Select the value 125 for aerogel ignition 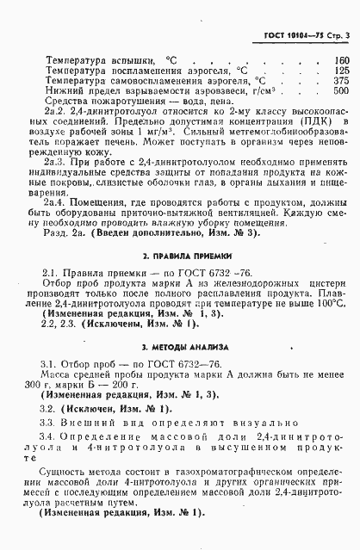(x=340, y=71)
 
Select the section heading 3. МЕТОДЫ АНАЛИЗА (x=181, y=346)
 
